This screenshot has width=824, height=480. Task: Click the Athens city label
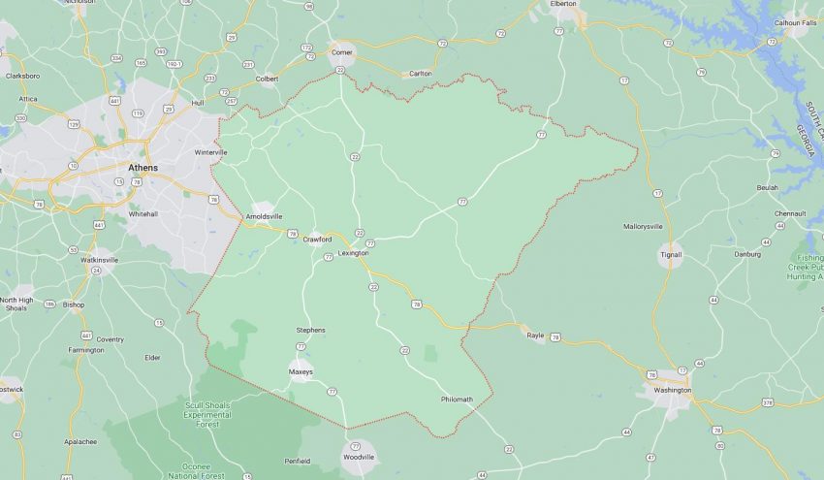point(144,167)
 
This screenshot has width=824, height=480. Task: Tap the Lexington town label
point(353,253)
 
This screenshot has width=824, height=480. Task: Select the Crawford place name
point(317,239)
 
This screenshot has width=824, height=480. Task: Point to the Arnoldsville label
point(264,216)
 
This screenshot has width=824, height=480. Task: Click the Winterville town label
point(210,152)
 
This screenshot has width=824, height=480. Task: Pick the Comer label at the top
point(342,52)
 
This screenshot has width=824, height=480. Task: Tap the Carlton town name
point(421,74)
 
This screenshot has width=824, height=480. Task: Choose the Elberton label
point(563,4)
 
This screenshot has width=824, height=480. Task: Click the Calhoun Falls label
point(794,22)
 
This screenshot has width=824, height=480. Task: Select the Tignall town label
point(671,255)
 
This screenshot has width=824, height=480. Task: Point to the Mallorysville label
point(643,226)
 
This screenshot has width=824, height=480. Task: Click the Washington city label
point(673,390)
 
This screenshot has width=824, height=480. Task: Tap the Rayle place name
point(535,336)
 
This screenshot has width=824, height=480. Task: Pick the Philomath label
point(457,399)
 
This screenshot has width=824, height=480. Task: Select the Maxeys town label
point(301,371)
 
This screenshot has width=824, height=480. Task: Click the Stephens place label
point(310,330)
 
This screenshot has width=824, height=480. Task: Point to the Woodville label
point(359,456)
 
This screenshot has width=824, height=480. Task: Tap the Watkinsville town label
point(100,260)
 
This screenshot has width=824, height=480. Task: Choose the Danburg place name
point(747,254)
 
